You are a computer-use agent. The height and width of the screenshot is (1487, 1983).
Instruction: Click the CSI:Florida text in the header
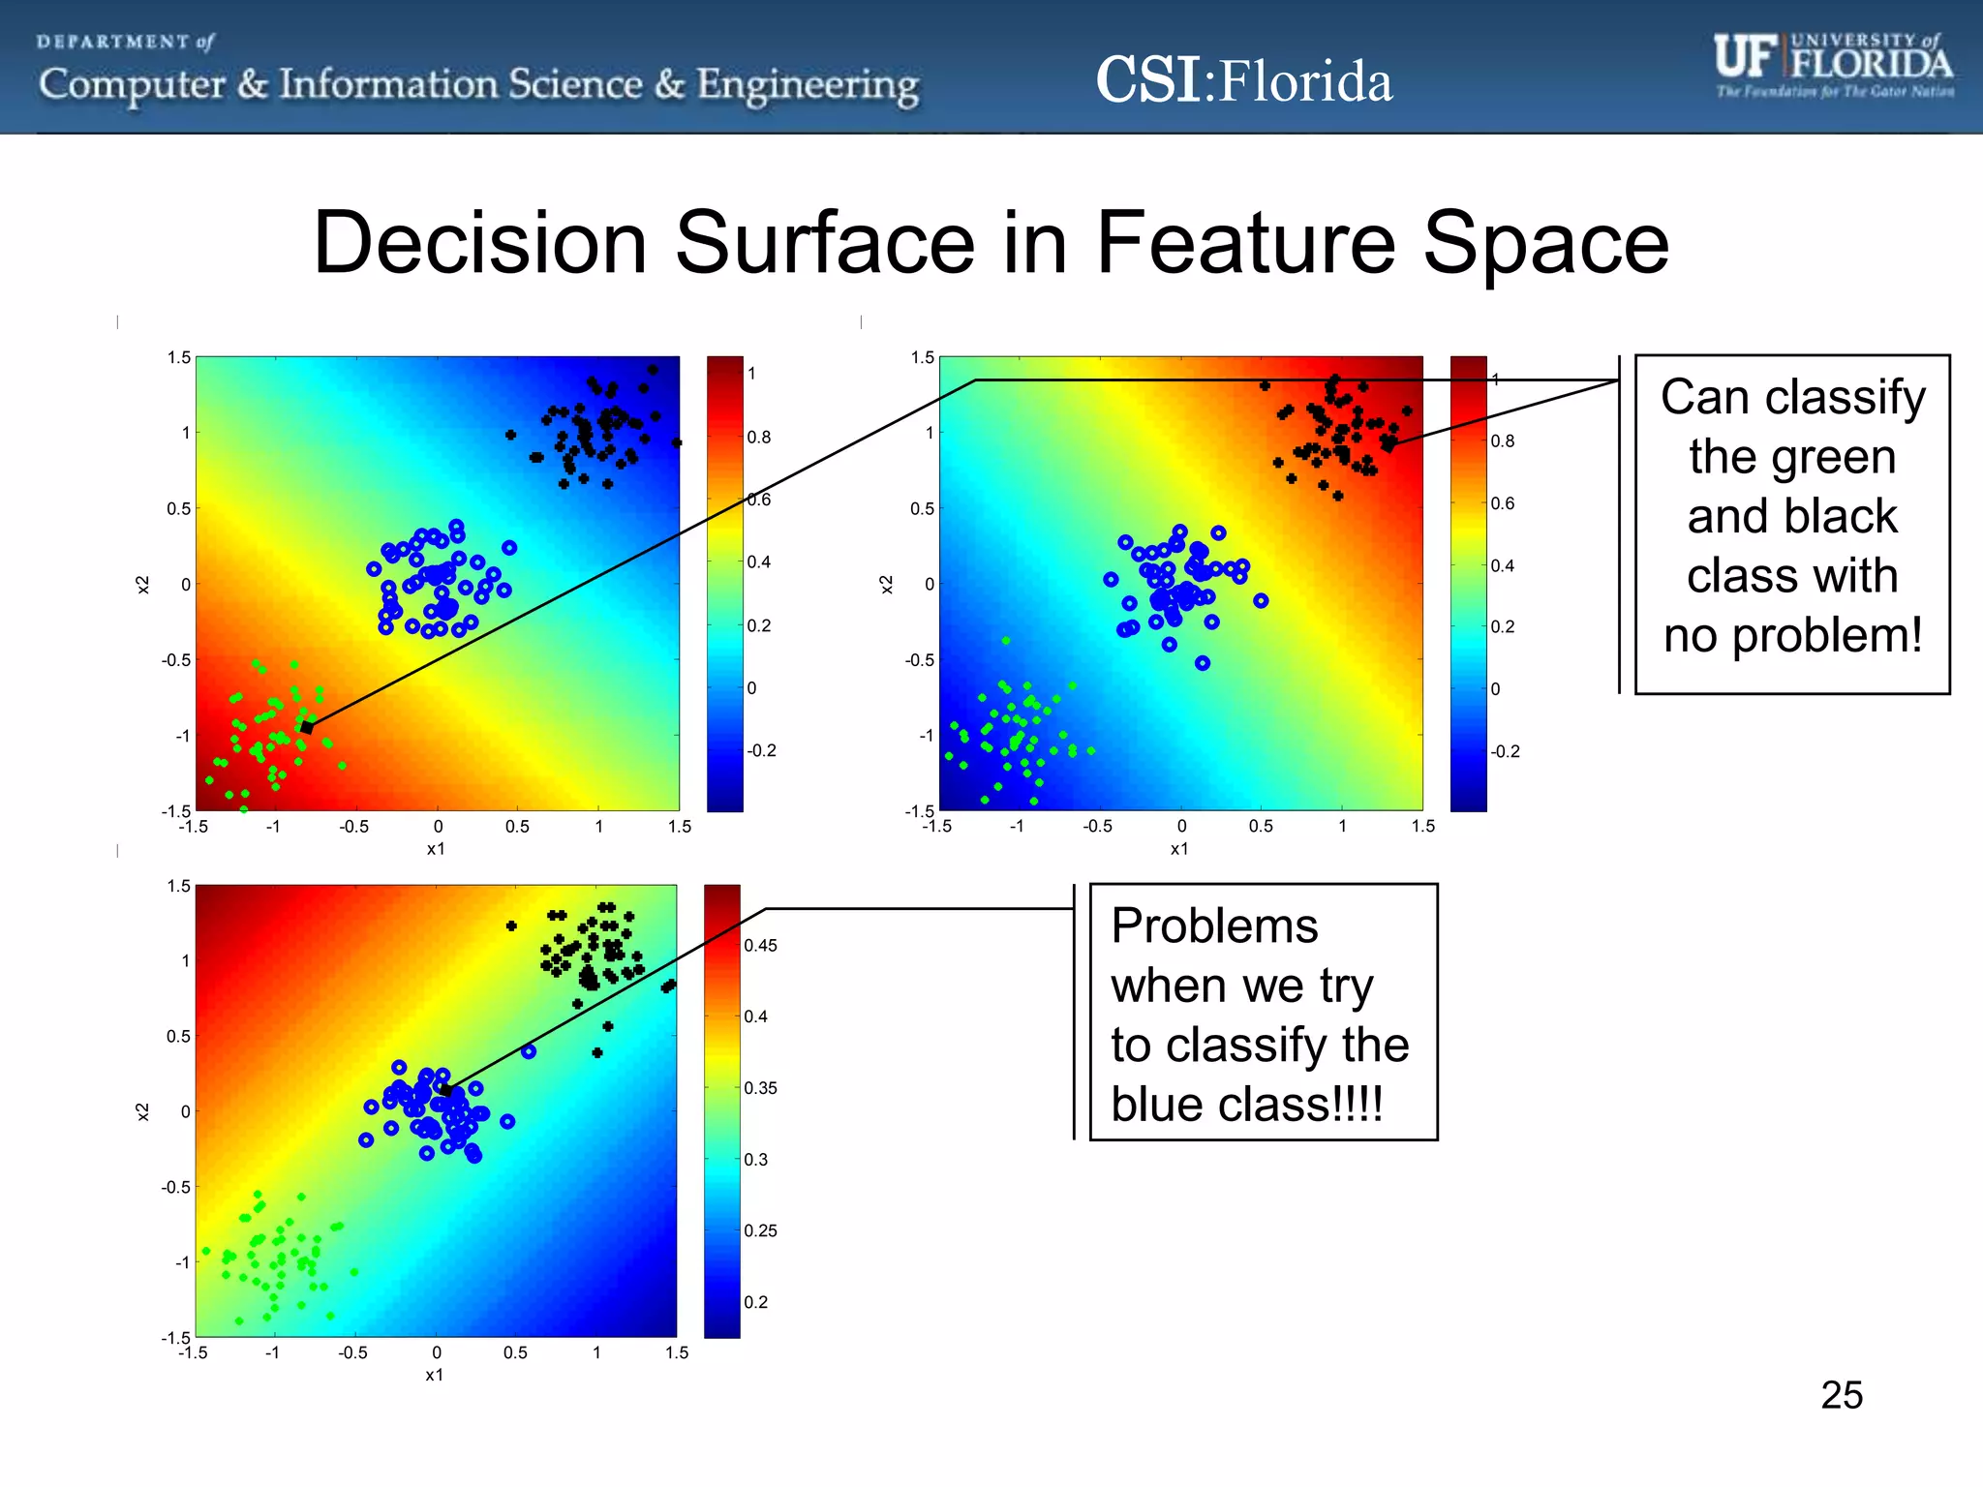click(x=1243, y=80)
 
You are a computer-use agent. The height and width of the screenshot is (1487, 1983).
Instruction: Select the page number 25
click(x=1841, y=1395)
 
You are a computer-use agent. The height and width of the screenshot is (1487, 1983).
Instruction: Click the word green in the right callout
click(x=1792, y=457)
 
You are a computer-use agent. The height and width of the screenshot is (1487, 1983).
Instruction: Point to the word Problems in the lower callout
click(x=1214, y=926)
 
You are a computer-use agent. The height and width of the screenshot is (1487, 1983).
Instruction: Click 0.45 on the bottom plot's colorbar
click(x=760, y=946)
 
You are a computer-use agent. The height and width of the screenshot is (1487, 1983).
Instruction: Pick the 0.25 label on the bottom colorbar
click(x=760, y=1231)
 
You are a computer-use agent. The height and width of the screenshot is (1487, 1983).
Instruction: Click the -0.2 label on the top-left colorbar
click(x=761, y=751)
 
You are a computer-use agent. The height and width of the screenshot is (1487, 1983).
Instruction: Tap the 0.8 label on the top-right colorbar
click(x=1502, y=441)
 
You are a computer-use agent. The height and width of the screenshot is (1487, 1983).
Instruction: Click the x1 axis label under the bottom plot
click(x=435, y=1375)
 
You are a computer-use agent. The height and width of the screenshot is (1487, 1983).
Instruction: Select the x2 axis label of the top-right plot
click(x=886, y=584)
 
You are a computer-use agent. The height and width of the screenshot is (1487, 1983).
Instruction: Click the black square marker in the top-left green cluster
click(x=307, y=727)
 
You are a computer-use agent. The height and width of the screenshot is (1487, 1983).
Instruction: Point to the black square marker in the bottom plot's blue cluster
click(x=446, y=1090)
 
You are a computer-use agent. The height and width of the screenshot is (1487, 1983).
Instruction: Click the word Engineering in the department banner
click(x=808, y=85)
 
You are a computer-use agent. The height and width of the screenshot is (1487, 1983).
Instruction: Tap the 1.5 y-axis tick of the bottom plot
click(x=179, y=886)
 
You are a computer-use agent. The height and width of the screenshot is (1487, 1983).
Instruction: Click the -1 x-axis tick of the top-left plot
click(x=273, y=827)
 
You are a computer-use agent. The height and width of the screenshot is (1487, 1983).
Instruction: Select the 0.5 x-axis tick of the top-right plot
click(x=1261, y=827)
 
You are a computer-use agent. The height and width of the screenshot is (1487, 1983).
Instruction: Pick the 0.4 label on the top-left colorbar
click(x=758, y=562)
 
